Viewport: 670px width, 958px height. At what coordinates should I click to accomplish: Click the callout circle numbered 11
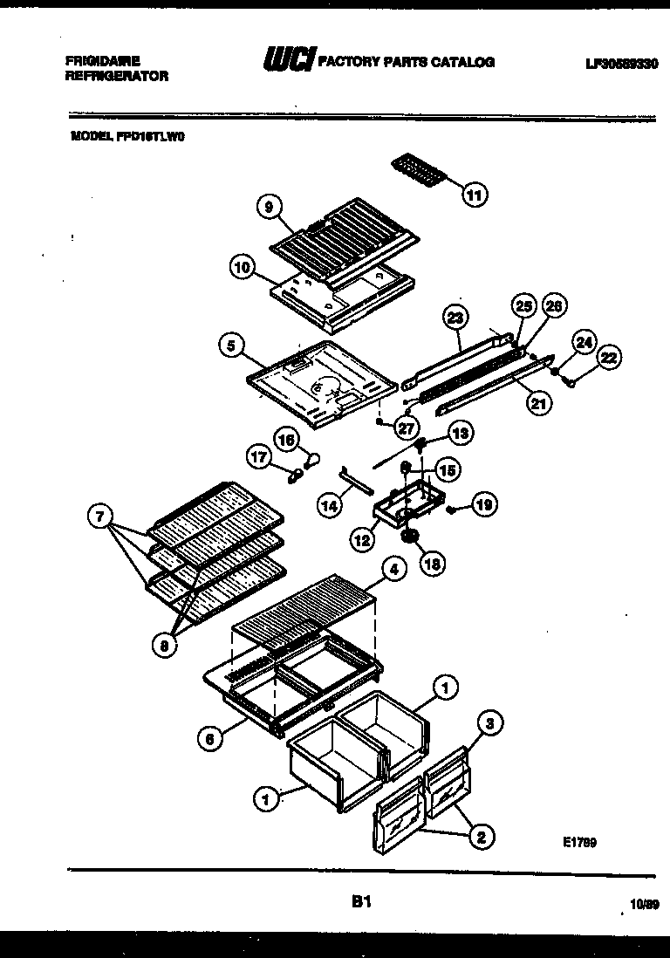(474, 195)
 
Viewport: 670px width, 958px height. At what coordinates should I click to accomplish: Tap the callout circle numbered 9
(270, 208)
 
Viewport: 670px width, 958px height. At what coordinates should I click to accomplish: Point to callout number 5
(231, 346)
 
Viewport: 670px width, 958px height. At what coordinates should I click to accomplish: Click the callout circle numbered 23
(455, 318)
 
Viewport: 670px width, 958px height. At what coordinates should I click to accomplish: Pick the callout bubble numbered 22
(608, 357)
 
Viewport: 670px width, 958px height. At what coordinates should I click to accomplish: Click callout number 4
(394, 569)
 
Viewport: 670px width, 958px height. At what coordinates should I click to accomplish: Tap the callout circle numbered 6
(209, 737)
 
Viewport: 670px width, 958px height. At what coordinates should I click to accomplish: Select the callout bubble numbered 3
(490, 722)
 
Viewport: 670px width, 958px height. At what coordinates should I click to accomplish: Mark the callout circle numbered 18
(432, 564)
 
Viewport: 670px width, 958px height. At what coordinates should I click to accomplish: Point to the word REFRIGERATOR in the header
(117, 77)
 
